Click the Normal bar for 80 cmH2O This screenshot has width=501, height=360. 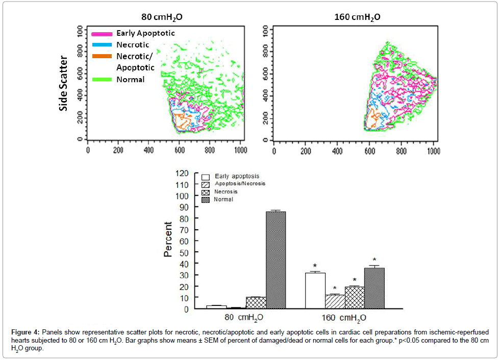click(x=275, y=260)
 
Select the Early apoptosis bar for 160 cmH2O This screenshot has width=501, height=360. click(x=315, y=291)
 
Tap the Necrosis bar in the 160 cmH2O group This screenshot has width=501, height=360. click(x=355, y=298)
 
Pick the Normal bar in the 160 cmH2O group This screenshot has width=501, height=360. click(x=374, y=289)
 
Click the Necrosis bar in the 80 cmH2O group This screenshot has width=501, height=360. click(x=256, y=303)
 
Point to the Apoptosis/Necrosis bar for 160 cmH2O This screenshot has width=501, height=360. click(x=335, y=302)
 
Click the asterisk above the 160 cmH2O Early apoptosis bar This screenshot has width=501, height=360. click(x=315, y=266)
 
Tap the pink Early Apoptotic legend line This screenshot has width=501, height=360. click(x=102, y=34)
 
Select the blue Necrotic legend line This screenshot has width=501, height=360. click(x=102, y=45)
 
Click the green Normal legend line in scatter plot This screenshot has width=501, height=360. click(x=102, y=80)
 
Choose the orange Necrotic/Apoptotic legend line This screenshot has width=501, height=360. click(x=102, y=56)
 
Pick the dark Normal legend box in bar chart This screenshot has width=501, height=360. click(x=206, y=199)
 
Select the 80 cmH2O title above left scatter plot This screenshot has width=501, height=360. click(x=162, y=17)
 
